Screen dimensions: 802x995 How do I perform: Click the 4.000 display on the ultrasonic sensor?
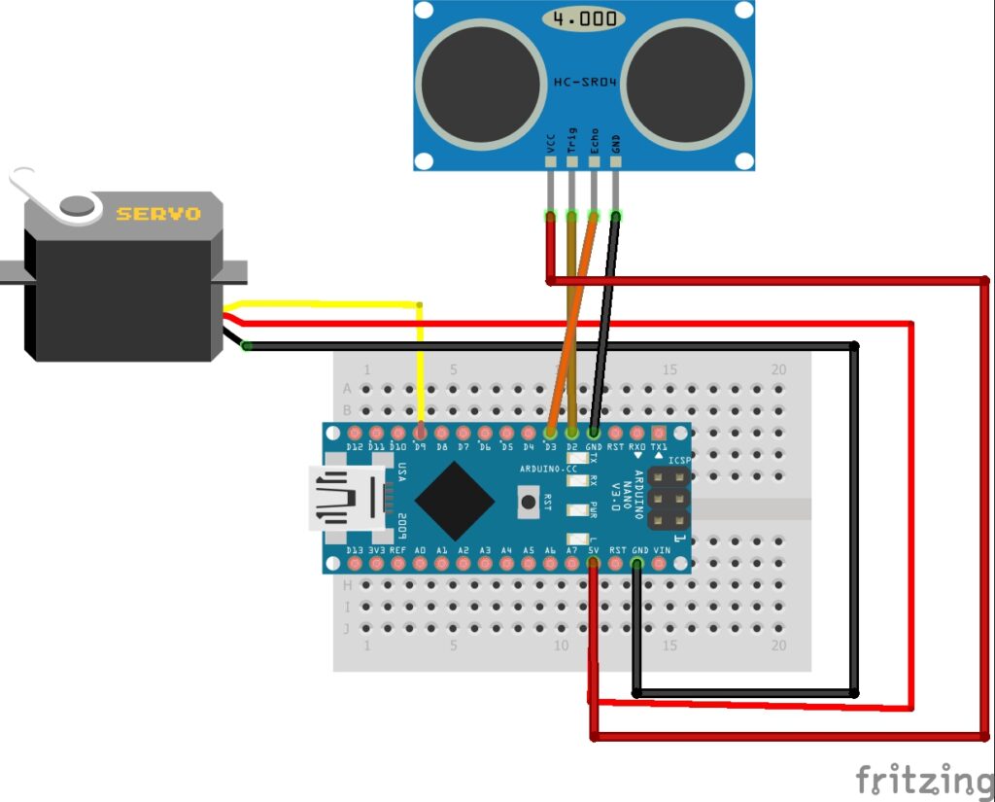pyautogui.click(x=584, y=19)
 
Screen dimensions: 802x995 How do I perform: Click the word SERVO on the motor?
pyautogui.click(x=158, y=213)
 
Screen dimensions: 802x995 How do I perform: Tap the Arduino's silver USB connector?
pyautogui.click(x=346, y=498)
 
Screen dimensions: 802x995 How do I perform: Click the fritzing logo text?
pyautogui.click(x=922, y=780)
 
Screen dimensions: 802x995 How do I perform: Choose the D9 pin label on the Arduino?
pyautogui.click(x=420, y=447)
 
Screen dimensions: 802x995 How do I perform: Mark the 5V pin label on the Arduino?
pyautogui.click(x=594, y=550)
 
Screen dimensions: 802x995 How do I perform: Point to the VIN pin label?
pyautogui.click(x=662, y=550)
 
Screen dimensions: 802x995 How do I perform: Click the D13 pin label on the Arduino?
pyautogui.click(x=356, y=550)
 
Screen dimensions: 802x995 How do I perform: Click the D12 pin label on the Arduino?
pyautogui.click(x=355, y=447)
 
